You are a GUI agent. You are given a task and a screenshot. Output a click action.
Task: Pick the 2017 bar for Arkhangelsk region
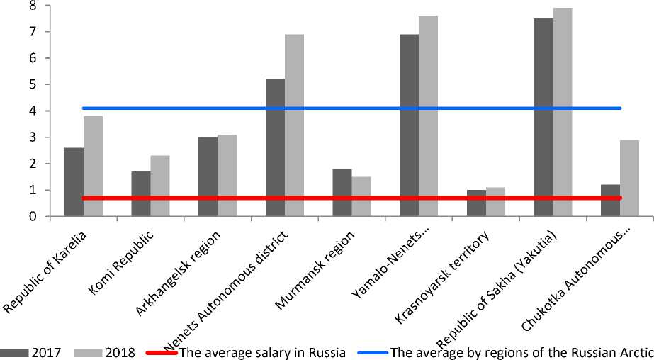pos(208,177)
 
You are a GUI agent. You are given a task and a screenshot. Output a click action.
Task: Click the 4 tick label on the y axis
pos(33,111)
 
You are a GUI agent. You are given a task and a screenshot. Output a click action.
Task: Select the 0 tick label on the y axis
pos(33,217)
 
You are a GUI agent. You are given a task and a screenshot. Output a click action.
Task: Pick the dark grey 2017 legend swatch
pos(14,351)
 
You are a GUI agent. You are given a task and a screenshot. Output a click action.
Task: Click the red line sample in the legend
pos(161,351)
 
